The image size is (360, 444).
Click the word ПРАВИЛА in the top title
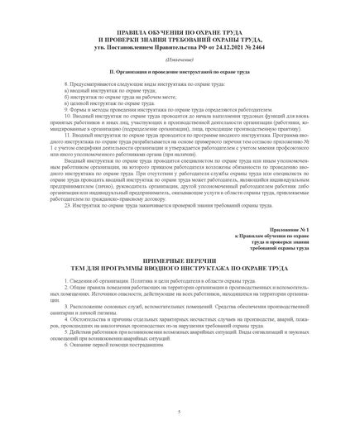(113, 31)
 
